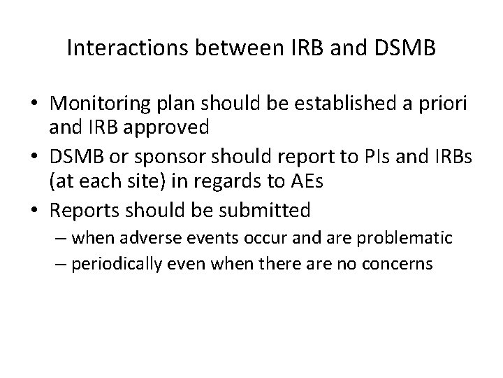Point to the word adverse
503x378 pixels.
pos(143,239)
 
